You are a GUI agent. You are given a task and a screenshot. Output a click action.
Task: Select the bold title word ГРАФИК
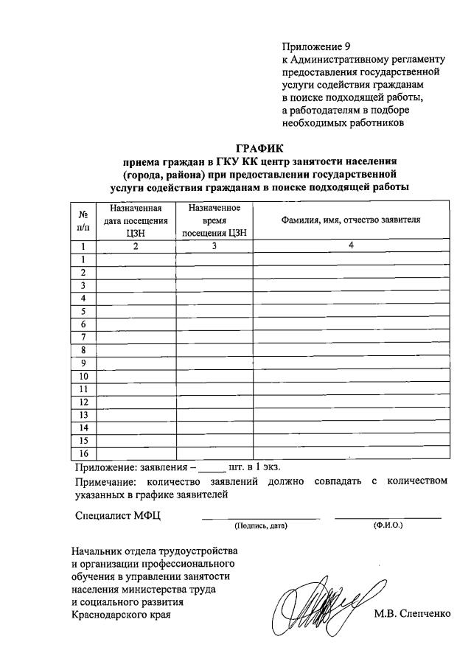pos(260,149)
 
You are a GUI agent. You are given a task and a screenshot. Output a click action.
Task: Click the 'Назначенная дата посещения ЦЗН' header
pos(136,220)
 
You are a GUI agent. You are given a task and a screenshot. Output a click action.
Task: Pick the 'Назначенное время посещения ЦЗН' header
pos(214,220)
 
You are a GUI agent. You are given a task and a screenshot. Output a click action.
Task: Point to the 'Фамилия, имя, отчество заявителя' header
pos(351,220)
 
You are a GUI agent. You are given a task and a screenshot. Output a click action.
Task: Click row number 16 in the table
pos(83,453)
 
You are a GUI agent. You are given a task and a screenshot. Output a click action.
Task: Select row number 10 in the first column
pos(83,376)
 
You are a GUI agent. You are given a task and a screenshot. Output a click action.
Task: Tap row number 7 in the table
pos(83,337)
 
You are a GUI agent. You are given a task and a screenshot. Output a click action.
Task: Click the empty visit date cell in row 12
pos(136,402)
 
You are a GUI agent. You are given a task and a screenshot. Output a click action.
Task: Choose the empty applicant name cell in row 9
pos(351,363)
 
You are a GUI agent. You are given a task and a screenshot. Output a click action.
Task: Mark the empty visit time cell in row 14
pos(214,427)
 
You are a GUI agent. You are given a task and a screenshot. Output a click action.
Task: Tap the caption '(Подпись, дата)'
pos(260,526)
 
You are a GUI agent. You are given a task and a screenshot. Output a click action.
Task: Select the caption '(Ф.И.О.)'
pos(388,525)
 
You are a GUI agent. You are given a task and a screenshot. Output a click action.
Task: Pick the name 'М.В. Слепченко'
pos(411,614)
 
